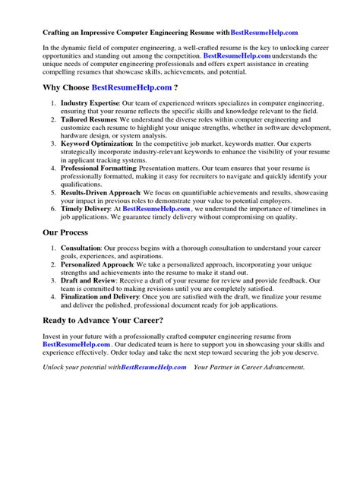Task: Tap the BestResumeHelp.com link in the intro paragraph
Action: tap(237, 56)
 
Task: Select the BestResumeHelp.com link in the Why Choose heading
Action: tap(131, 87)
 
